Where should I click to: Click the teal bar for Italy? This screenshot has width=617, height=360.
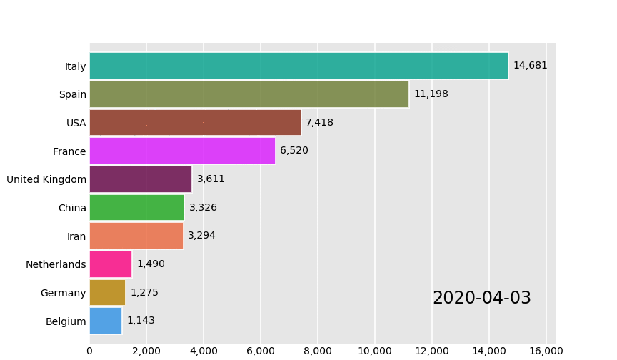(299, 66)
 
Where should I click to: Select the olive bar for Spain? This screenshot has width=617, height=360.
(249, 94)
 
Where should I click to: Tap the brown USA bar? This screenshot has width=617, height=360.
(195, 123)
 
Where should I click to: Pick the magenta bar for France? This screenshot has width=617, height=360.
(182, 151)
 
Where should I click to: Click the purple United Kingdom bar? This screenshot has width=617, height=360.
(141, 179)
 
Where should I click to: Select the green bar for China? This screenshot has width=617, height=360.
(136, 208)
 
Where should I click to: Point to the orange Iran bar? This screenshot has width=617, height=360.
(136, 236)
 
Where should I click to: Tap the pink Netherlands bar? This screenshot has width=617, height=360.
(111, 264)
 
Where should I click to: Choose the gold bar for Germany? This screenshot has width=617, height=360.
(107, 293)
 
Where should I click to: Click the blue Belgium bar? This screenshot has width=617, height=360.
(106, 321)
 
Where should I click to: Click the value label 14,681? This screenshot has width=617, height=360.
(530, 66)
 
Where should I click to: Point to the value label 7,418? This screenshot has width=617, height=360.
(319, 123)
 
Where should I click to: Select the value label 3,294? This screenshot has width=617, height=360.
(201, 236)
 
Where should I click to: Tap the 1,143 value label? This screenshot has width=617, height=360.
(141, 321)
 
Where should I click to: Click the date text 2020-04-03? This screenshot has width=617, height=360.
(482, 299)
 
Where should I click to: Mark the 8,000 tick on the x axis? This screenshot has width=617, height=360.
(318, 351)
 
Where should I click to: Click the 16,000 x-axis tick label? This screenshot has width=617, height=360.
(546, 351)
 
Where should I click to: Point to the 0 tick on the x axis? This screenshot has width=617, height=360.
(89, 351)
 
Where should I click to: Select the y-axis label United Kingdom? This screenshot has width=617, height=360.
(46, 179)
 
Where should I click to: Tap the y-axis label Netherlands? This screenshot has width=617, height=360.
(56, 264)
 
